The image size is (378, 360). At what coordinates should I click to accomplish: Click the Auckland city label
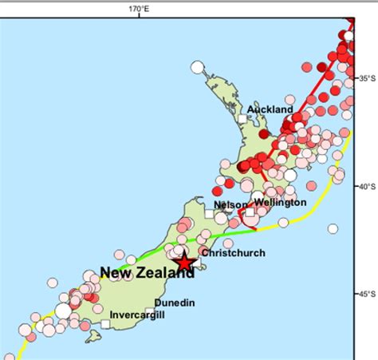(x=270, y=109)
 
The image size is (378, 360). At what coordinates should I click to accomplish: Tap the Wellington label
(x=280, y=202)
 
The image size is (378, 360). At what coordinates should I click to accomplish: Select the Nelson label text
(x=230, y=205)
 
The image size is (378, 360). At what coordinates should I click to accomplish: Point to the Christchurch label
(x=233, y=253)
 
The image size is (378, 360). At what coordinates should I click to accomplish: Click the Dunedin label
(x=174, y=303)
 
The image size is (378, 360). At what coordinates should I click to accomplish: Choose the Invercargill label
(x=137, y=315)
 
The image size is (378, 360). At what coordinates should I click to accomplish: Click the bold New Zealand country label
(x=147, y=273)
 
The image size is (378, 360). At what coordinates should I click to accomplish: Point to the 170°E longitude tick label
(x=140, y=9)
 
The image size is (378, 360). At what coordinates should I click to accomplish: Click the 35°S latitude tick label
(x=367, y=78)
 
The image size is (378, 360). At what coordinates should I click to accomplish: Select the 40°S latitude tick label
(x=367, y=186)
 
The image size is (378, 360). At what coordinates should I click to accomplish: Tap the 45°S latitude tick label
(x=367, y=294)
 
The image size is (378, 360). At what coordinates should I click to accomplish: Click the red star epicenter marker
(x=185, y=261)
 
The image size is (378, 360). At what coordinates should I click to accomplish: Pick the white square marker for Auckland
(x=242, y=118)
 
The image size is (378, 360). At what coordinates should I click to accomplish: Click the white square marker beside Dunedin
(x=150, y=311)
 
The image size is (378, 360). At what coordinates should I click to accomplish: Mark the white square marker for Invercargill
(x=106, y=322)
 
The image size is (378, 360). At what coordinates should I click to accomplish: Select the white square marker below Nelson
(x=209, y=214)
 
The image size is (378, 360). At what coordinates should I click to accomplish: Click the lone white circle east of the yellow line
(x=332, y=228)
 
